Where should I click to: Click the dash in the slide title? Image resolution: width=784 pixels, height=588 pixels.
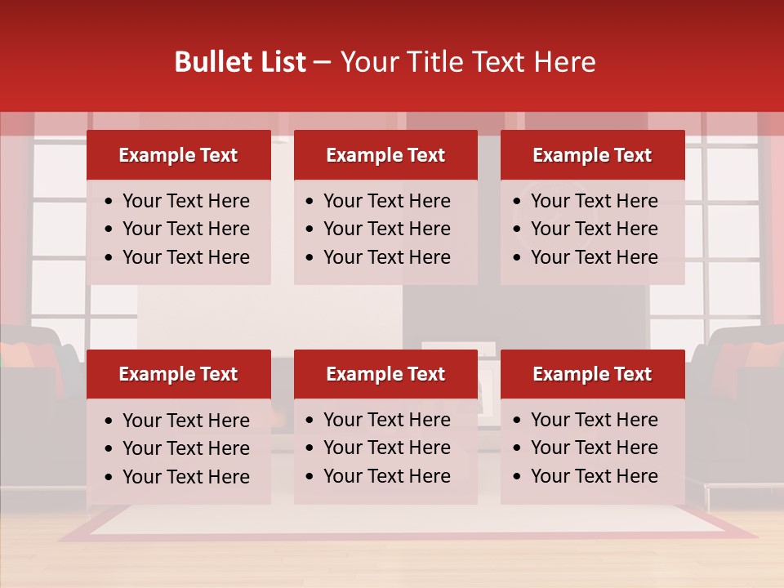[x=323, y=63]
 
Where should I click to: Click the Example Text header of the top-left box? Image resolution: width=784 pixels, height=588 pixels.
[x=178, y=155]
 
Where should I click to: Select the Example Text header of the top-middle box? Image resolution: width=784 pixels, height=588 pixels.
[x=385, y=155]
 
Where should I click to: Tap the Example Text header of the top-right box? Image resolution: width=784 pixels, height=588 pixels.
[x=592, y=155]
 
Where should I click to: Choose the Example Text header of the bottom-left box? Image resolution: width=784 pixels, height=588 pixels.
[x=178, y=374]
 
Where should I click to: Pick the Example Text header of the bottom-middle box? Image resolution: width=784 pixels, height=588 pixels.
[x=385, y=374]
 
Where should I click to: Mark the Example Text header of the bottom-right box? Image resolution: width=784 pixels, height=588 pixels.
[x=592, y=374]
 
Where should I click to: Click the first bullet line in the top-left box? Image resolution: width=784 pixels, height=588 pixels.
[x=185, y=201]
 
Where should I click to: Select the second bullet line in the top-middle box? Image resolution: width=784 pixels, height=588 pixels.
[x=386, y=229]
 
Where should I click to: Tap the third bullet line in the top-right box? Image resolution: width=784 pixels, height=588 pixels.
[x=594, y=257]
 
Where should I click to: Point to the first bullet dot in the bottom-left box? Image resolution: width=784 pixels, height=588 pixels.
[x=109, y=421]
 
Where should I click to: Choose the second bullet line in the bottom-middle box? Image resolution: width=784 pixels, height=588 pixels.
[x=386, y=448]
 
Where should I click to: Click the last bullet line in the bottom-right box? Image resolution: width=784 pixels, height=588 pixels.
[x=594, y=476]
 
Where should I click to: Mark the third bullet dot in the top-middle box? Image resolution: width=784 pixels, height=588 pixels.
[x=310, y=258]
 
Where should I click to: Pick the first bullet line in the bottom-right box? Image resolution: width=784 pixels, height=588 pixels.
[x=594, y=420]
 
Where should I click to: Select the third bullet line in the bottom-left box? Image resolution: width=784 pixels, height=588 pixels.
[x=185, y=477]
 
